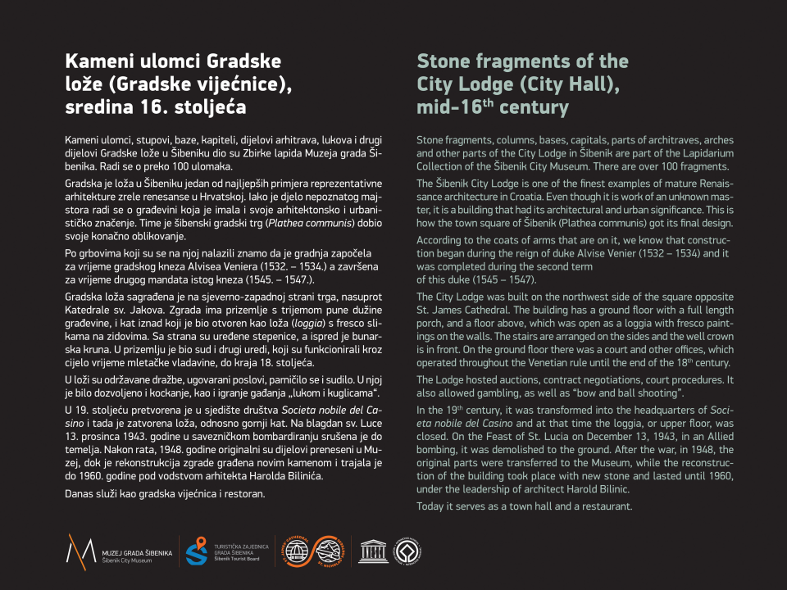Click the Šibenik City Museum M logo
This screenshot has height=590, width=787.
tap(80, 549)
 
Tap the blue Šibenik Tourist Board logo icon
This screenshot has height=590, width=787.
tap(196, 550)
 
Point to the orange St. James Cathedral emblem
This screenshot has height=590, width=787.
tap(293, 550)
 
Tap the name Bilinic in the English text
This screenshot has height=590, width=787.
tap(608, 489)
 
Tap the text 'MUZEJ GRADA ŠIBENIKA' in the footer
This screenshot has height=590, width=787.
tap(137, 553)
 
